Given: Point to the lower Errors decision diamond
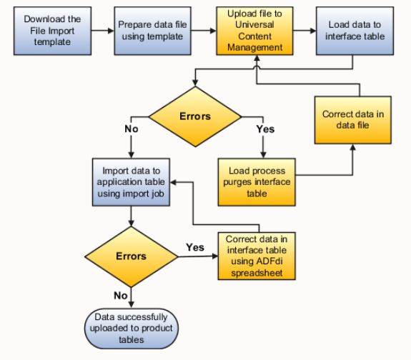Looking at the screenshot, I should pos(132,255).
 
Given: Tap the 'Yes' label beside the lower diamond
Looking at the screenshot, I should pos(195,246).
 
